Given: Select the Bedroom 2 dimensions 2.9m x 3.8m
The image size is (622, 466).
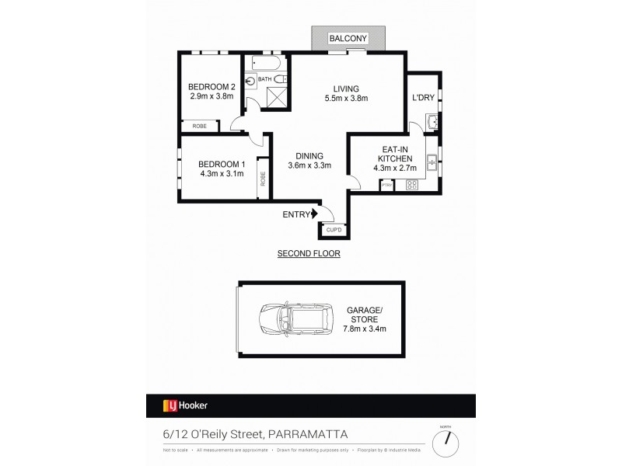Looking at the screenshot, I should pos(211,97).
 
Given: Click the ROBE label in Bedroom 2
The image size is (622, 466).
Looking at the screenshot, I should pos(200,126).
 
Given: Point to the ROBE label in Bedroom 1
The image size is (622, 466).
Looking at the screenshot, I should pos(264,179).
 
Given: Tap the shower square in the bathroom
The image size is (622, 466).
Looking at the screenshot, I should pos(278,96).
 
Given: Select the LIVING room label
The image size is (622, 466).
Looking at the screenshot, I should pos(346,87).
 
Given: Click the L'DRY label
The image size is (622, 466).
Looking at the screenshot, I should pos(423,98).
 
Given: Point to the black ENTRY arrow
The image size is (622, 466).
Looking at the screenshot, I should pos(315,214).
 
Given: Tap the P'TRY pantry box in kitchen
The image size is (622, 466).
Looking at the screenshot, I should pos(386,186).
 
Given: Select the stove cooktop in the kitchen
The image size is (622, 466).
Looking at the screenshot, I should pos(411,186).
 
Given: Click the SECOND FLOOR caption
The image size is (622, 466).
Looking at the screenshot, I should pos(309,254).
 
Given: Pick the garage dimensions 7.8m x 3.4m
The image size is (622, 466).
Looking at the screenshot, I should pos(365,329).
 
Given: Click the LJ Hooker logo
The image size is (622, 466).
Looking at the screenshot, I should pos(185,405).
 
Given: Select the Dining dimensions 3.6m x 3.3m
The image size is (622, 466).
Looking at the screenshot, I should pos(309,165).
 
